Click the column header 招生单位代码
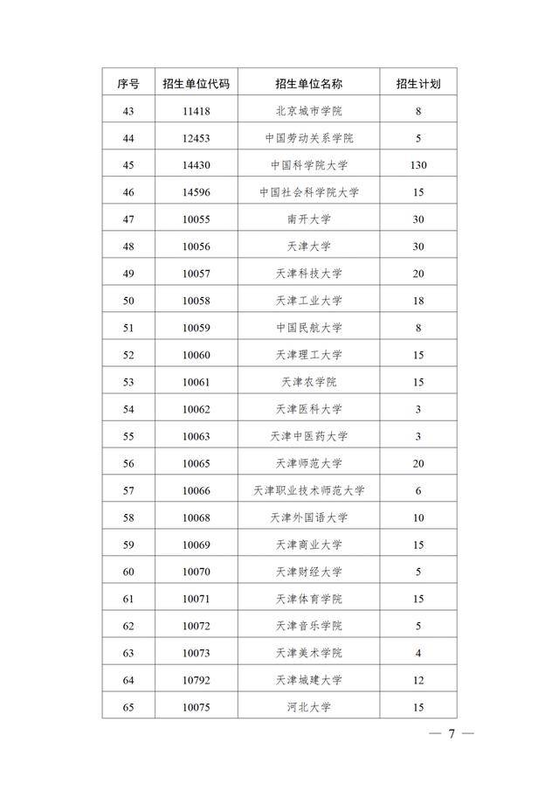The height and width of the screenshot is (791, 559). (x=197, y=84)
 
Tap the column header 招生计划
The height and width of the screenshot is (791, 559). (x=418, y=84)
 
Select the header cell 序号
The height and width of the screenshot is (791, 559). (x=128, y=84)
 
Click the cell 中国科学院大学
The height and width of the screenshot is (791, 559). (x=308, y=165)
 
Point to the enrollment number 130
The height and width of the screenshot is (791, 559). (x=418, y=165)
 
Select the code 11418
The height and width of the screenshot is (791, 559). (x=197, y=111)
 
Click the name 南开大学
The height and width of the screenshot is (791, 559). (x=308, y=219)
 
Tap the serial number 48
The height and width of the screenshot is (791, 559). (x=128, y=246)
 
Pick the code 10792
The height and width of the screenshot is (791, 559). (x=197, y=680)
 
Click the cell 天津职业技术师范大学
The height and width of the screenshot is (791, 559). (x=308, y=490)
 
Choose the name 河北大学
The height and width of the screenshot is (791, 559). (x=308, y=707)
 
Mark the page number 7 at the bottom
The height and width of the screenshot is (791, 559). (x=452, y=733)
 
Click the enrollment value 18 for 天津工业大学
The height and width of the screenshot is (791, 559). (x=418, y=301)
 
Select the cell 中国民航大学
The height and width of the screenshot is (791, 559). (x=308, y=328)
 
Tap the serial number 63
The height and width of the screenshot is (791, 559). (x=128, y=653)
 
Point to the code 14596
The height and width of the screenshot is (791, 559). (x=197, y=192)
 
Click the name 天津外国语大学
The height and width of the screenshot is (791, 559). (x=308, y=517)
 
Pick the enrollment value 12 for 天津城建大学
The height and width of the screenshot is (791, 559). (x=418, y=680)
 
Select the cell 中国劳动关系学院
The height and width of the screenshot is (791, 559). (x=308, y=138)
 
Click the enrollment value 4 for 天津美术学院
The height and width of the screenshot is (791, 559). (x=418, y=653)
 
